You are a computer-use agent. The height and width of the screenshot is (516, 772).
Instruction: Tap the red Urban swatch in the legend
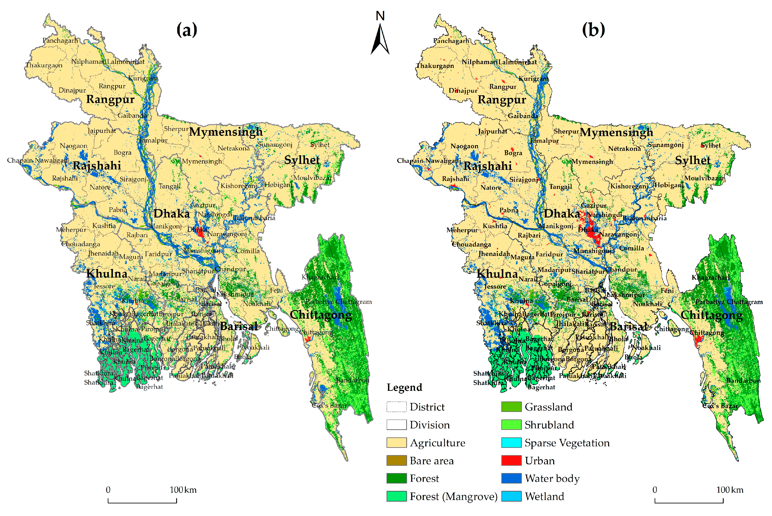(x=511, y=460)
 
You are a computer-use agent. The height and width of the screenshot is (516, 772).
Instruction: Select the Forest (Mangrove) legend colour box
(x=396, y=496)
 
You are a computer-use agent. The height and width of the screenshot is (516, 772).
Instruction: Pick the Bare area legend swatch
(x=396, y=460)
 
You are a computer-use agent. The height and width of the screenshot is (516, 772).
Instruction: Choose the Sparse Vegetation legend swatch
(x=511, y=443)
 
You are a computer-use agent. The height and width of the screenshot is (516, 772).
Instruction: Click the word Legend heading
(x=404, y=387)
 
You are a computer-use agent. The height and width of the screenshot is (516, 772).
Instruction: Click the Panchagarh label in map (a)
(x=60, y=40)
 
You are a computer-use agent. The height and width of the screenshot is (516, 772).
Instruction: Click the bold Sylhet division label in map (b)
(x=693, y=160)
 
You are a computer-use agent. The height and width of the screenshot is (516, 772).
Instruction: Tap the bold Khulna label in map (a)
(x=107, y=273)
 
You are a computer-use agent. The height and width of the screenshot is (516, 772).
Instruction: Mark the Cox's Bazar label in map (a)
(x=329, y=406)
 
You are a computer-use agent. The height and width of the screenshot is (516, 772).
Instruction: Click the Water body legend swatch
(x=511, y=478)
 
